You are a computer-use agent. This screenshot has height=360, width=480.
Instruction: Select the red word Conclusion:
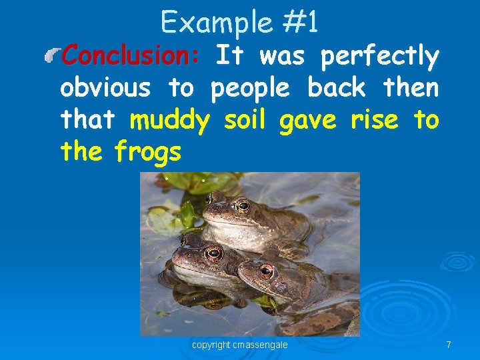[x=130, y=56]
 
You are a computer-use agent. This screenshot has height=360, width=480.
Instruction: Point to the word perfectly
[x=379, y=57]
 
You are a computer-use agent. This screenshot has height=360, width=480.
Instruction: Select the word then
[x=411, y=87]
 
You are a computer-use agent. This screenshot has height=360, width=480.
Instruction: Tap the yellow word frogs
[x=148, y=153]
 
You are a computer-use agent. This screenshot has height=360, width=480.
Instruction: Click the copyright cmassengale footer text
[x=240, y=345]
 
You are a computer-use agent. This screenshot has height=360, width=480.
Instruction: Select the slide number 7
[x=449, y=345]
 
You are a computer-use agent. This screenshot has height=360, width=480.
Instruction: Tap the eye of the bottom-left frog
[x=213, y=253]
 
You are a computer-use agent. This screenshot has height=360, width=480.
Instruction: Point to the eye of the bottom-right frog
[x=267, y=271]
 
